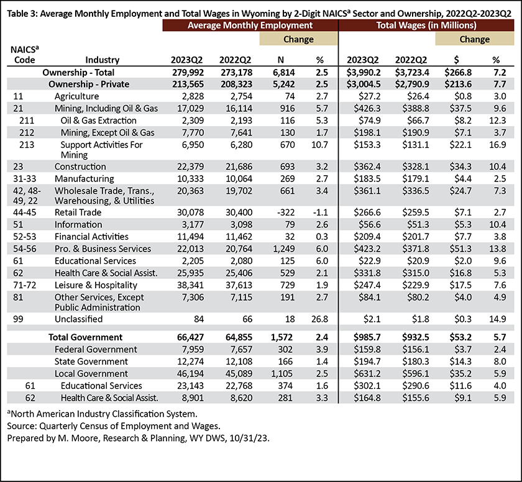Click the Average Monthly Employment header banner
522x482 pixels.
[250, 25]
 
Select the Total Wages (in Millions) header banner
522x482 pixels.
[426, 25]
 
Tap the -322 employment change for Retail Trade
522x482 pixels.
[286, 212]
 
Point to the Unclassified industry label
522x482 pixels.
[78, 319]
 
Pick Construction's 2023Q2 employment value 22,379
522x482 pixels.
[190, 166]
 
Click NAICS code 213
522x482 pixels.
[27, 145]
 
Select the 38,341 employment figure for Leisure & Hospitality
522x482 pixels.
[190, 285]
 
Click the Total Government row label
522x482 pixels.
[86, 337]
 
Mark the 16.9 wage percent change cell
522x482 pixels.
[498, 145]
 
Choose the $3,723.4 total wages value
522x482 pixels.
[412, 72]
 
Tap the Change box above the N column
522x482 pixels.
[298, 39]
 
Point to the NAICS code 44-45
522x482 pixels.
[25, 212]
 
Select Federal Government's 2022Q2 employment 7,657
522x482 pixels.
[239, 349]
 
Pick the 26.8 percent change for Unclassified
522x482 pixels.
[319, 319]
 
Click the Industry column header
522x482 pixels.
[102, 60]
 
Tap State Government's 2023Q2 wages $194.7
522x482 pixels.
[367, 361]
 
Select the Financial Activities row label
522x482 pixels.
[91, 237]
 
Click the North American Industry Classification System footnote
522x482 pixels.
[102, 414]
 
